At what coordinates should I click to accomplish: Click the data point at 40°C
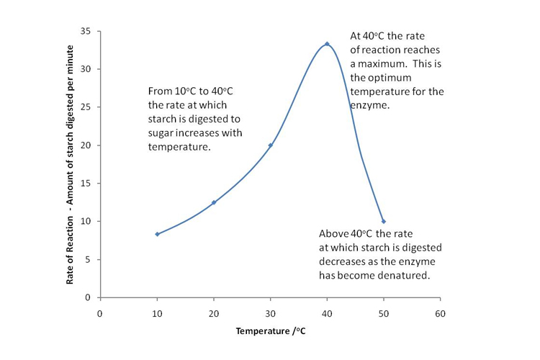click(327, 44)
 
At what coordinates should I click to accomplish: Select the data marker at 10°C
click(157, 234)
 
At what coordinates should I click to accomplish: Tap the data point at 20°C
click(214, 202)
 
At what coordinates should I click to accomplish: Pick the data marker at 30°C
click(271, 145)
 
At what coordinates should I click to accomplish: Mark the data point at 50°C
click(384, 221)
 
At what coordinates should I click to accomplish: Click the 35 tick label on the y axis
click(85, 32)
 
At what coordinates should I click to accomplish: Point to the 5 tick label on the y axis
click(88, 259)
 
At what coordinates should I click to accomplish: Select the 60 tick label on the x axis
click(440, 313)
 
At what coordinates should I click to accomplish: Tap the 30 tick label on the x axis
click(270, 313)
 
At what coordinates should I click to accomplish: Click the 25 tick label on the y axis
click(85, 107)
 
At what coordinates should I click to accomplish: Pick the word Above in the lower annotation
click(334, 233)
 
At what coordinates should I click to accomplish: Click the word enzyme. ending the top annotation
click(370, 105)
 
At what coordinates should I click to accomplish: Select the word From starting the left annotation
click(160, 91)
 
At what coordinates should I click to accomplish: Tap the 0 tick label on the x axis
click(100, 313)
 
